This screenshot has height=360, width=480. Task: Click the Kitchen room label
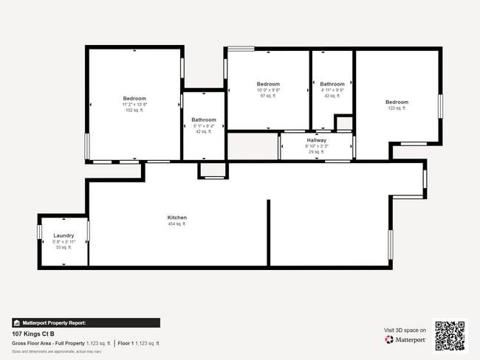[x=177, y=218]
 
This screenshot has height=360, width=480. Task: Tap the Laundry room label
[x=64, y=235]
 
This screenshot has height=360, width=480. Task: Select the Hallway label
[x=316, y=140]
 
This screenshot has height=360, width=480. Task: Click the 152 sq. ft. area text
[x=134, y=111]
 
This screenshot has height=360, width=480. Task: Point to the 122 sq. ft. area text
[x=396, y=108]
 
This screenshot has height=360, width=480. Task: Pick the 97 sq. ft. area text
[x=268, y=96]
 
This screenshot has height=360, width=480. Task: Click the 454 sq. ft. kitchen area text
[x=177, y=224]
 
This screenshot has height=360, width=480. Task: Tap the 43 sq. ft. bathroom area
[x=332, y=96]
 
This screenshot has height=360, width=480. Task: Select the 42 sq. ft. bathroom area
[x=204, y=132]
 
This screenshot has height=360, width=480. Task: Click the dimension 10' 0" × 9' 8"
[x=268, y=90]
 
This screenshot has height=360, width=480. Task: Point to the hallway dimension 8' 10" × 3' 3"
[x=316, y=146]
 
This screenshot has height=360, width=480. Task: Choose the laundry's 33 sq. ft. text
[x=64, y=247]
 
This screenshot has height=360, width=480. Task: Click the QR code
[x=450, y=336]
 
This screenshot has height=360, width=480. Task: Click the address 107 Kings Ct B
[x=33, y=333]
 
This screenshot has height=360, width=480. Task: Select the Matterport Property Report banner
[x=85, y=322]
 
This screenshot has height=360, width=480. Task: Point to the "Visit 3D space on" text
[x=405, y=330]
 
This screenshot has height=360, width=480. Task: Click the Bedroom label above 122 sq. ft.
[x=396, y=102]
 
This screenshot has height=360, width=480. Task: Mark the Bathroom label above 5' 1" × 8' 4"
[x=204, y=120]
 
